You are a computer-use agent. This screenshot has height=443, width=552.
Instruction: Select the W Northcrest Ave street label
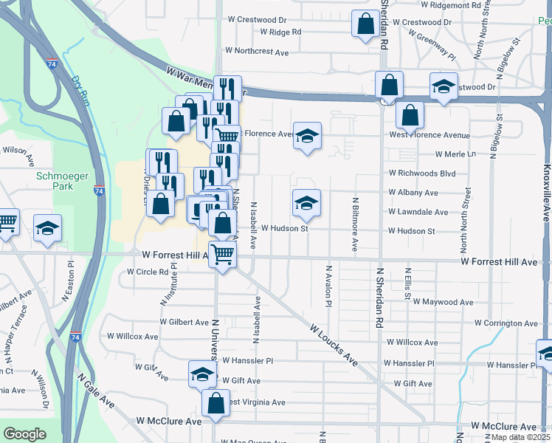point(257,52)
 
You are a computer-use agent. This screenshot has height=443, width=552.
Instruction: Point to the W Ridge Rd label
point(275,32)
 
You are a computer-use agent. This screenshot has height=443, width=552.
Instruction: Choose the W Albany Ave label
point(413,193)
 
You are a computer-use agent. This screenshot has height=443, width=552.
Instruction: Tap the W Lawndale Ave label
point(418,212)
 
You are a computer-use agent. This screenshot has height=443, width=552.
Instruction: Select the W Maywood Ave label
point(443,302)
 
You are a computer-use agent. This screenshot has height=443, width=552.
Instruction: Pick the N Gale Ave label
point(96,391)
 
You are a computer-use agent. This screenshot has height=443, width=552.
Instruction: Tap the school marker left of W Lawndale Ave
point(306,203)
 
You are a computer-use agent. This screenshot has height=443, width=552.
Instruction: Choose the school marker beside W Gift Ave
point(201,374)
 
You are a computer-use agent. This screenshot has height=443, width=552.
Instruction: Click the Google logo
point(24,434)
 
